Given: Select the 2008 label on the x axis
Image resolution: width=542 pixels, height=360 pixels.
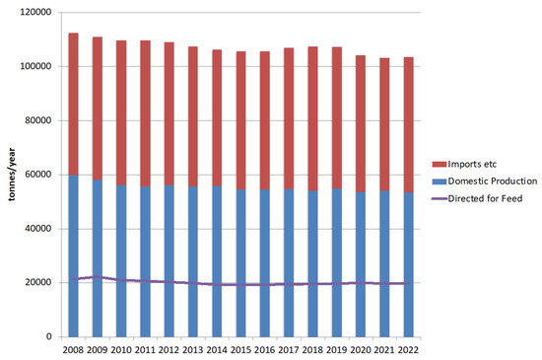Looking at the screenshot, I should [73, 350].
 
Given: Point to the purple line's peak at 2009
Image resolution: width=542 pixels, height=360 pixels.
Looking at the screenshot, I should [97, 277].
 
